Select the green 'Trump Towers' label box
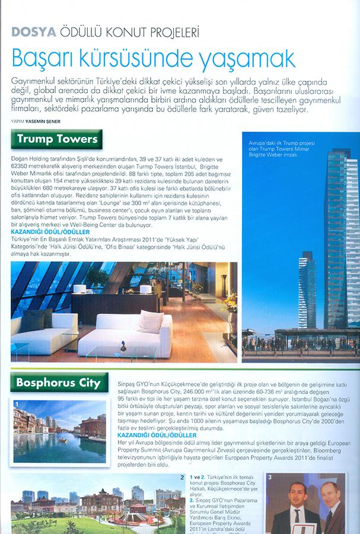pos(56,139)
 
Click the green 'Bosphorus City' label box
pos(59,383)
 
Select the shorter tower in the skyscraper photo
pos(307,291)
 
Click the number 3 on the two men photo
pos(270,478)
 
